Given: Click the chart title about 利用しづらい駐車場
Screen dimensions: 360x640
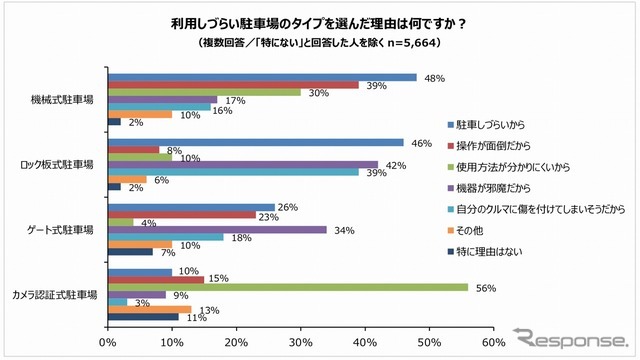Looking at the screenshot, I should pos(319,24).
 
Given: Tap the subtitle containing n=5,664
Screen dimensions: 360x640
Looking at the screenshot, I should pos(319,44).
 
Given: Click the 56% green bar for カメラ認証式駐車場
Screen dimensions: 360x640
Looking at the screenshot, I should pos(287,286).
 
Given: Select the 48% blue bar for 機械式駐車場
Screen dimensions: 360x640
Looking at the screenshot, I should pos(261,77).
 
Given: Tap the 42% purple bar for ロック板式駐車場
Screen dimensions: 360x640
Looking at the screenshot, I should pos(242,164).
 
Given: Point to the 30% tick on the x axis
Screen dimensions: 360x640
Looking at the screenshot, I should pos(300,342).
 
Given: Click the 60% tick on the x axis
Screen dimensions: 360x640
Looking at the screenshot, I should pos(493,342).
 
